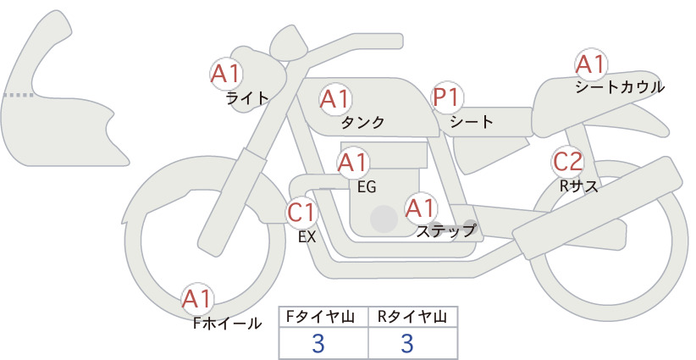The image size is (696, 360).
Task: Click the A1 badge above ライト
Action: click(x=226, y=74)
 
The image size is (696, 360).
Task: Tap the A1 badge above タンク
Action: click(x=335, y=99)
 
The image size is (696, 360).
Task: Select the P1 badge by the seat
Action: click(x=447, y=97)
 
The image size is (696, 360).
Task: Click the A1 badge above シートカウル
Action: click(x=591, y=64)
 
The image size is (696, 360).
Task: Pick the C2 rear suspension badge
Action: click(x=568, y=162)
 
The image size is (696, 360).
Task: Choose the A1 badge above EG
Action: click(x=353, y=163)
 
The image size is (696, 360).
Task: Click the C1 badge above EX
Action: click(x=301, y=213)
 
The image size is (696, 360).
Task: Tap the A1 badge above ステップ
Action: click(x=421, y=208)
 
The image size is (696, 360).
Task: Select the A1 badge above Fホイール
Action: click(x=197, y=299)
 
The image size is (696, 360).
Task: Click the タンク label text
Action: click(x=362, y=122)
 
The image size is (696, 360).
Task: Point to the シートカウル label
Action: click(x=620, y=87)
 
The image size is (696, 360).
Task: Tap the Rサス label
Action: click(x=578, y=186)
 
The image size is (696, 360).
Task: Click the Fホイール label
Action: click(x=227, y=324)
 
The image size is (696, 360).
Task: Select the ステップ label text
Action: click(x=446, y=231)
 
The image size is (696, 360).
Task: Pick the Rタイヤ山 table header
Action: click(x=412, y=317)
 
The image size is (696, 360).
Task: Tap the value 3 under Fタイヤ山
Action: click(x=318, y=343)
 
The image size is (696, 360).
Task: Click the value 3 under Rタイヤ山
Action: click(x=407, y=343)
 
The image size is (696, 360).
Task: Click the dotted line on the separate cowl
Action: click(x=18, y=95)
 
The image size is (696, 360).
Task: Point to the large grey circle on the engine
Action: click(x=384, y=219)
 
